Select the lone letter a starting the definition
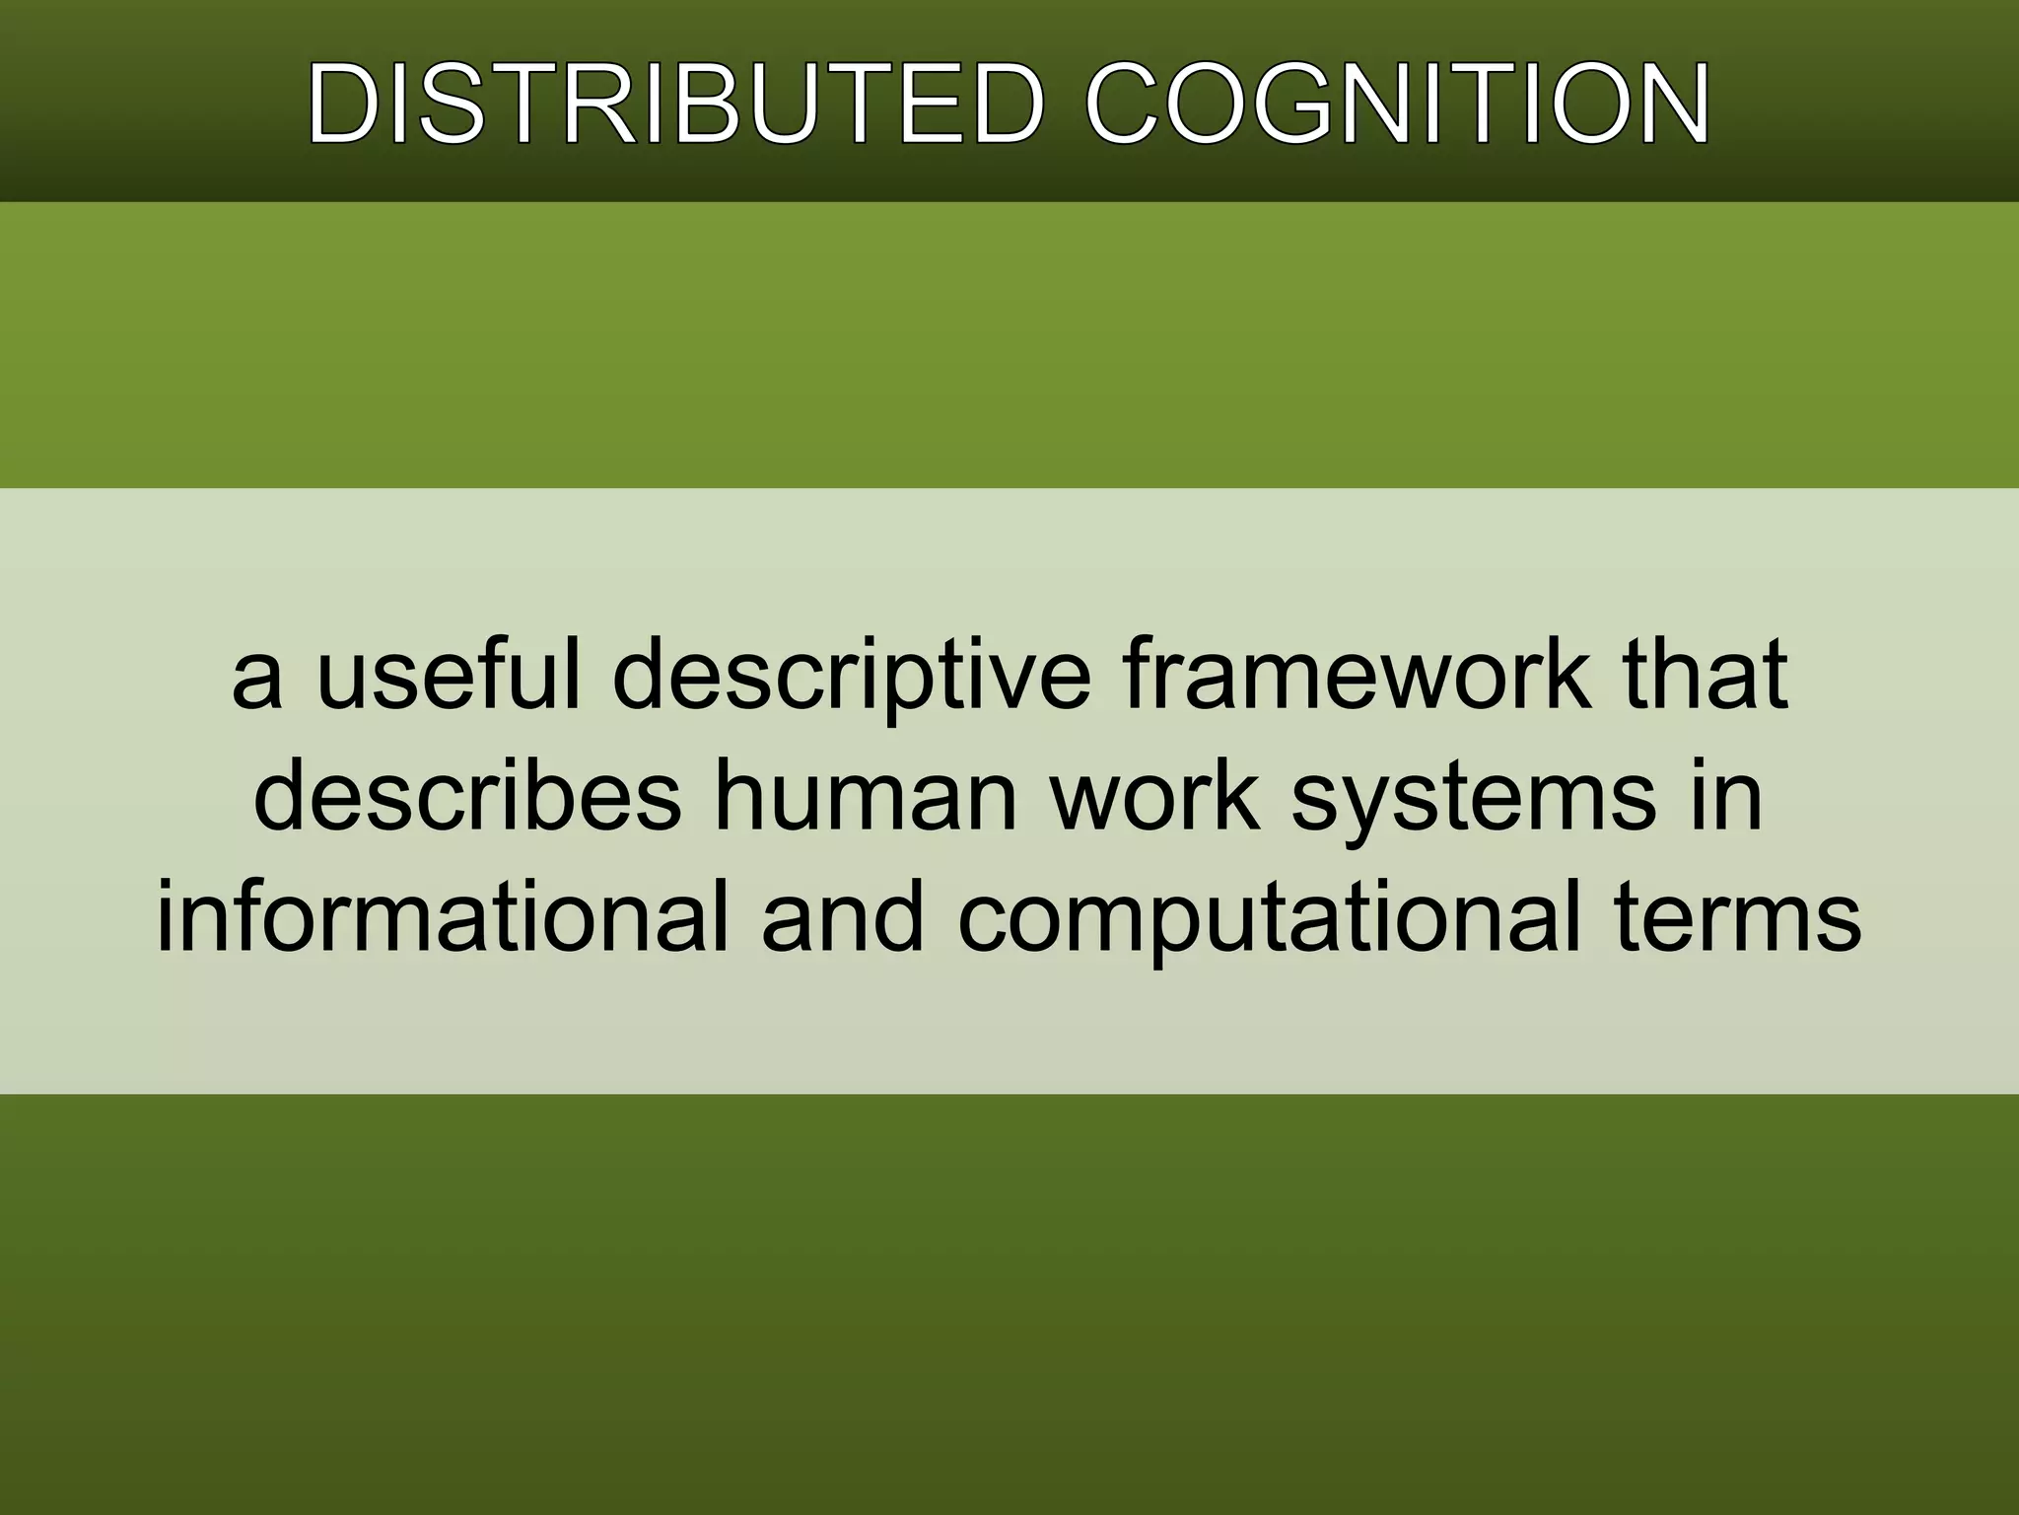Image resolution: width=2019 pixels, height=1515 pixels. click(257, 681)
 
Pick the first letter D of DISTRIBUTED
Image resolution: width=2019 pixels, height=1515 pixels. click(345, 105)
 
